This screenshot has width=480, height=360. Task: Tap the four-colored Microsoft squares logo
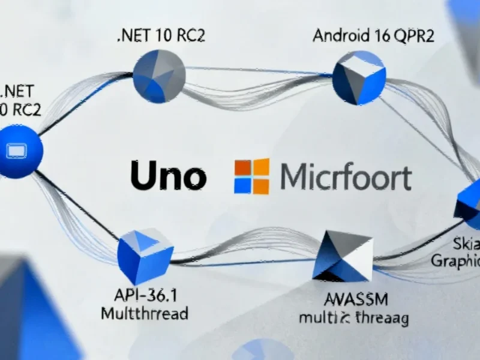pos(251,176)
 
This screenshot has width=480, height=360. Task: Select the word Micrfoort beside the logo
pos(346,178)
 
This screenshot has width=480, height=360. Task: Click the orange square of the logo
pos(243,168)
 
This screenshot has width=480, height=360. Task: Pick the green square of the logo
pos(260,167)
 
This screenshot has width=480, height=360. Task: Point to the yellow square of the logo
pos(260,185)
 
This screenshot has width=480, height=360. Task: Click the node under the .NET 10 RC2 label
pos(159,77)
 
